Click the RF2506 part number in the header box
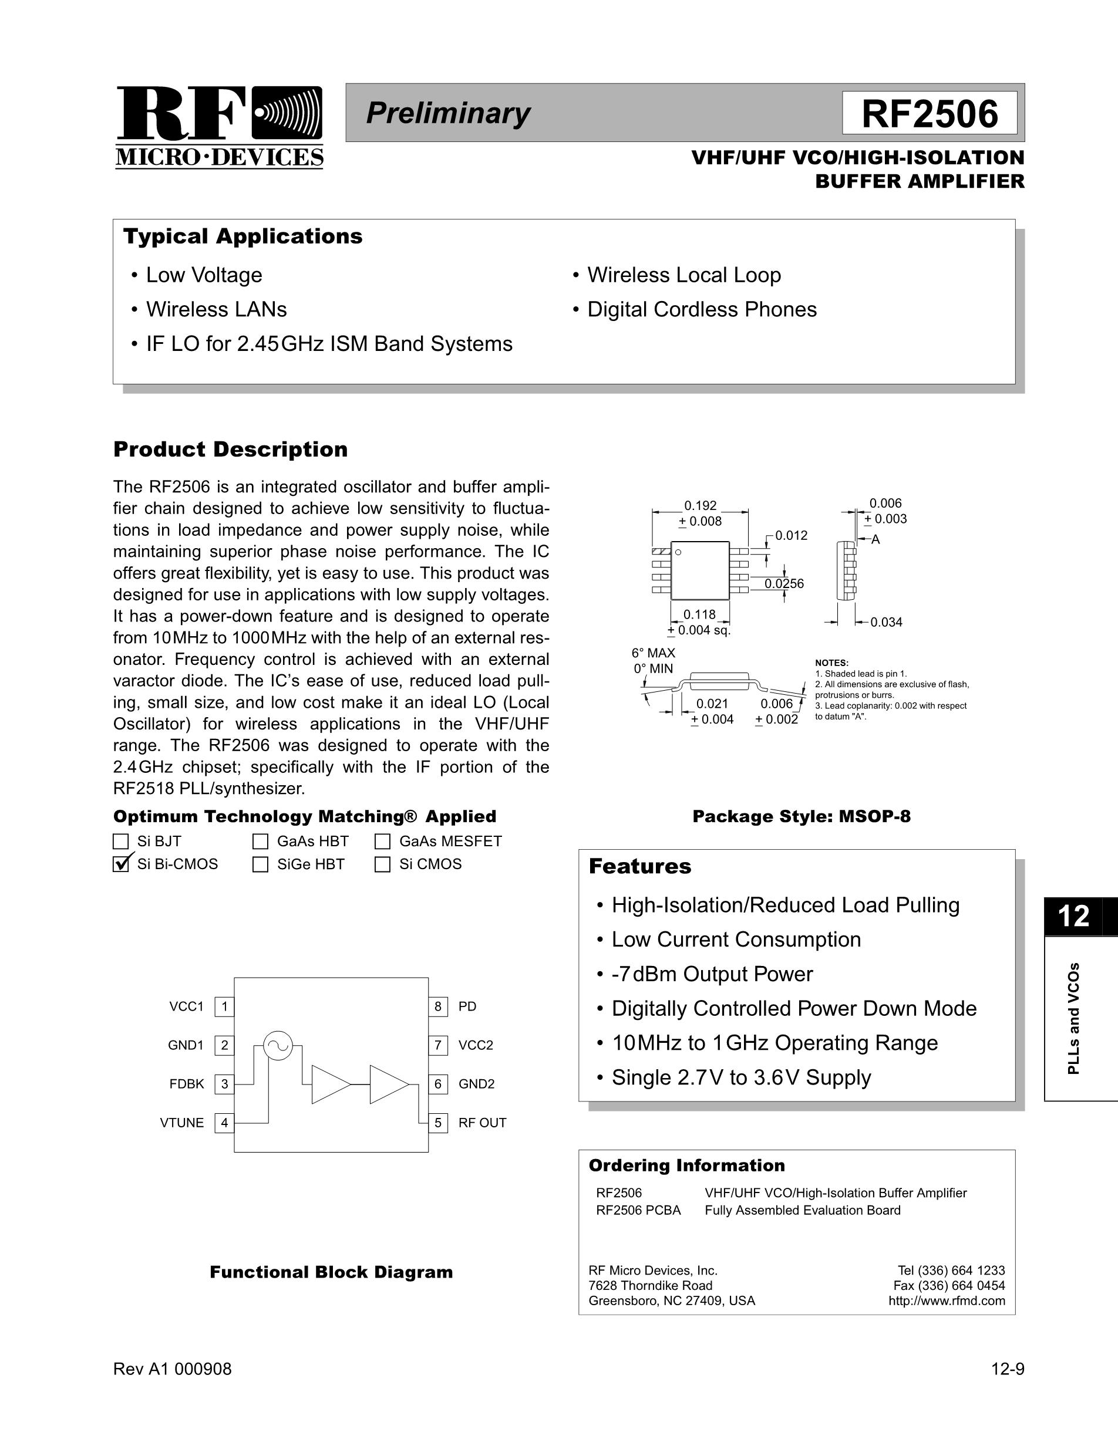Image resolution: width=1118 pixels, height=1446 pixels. click(x=930, y=113)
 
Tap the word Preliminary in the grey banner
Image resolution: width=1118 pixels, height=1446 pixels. click(x=448, y=113)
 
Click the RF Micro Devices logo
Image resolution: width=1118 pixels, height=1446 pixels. click(x=219, y=127)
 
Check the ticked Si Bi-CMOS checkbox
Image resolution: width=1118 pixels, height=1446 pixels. click(x=121, y=864)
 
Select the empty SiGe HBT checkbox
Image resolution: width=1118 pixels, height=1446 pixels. click(x=260, y=864)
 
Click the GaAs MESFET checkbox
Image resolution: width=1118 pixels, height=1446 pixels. click(x=382, y=842)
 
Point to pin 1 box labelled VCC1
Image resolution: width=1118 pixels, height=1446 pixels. click(x=224, y=1007)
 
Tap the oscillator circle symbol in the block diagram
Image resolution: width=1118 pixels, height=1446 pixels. click(x=278, y=1045)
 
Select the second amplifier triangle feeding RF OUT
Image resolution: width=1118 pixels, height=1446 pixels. click(x=388, y=1084)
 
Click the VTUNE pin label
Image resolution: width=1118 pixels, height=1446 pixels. click(x=182, y=1123)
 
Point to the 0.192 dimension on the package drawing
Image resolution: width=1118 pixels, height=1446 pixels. click(x=700, y=506)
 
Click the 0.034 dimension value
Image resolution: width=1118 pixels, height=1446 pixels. click(x=886, y=623)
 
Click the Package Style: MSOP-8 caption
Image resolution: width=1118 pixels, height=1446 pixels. click(x=802, y=816)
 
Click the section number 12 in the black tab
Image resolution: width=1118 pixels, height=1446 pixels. click(x=1073, y=916)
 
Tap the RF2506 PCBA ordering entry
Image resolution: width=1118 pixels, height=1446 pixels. click(x=638, y=1210)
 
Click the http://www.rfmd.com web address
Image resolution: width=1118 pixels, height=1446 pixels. click(x=947, y=1301)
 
